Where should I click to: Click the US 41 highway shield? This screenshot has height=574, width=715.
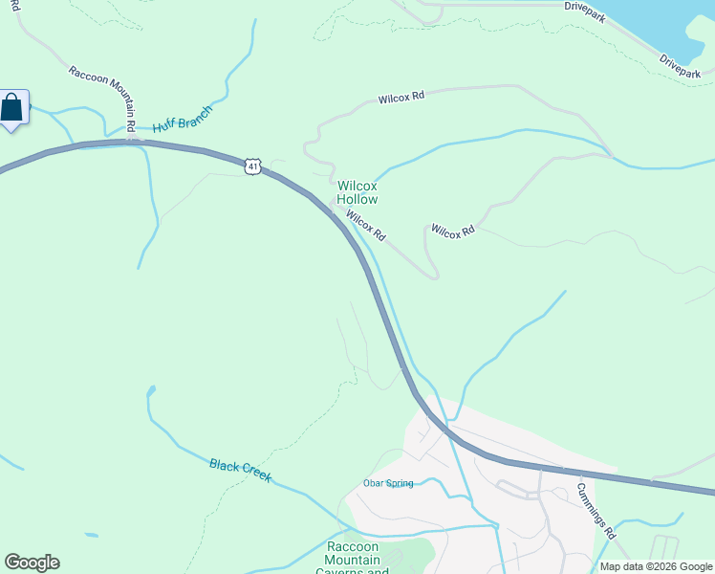(x=251, y=166)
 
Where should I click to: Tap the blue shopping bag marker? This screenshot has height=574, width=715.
(x=12, y=107)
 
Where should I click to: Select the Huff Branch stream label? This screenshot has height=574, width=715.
(x=183, y=120)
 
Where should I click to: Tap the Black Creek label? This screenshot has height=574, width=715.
(x=240, y=470)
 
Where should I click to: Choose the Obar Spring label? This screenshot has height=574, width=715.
(x=388, y=483)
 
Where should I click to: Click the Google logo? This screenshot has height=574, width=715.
(x=32, y=563)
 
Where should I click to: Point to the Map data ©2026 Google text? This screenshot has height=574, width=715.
(x=656, y=566)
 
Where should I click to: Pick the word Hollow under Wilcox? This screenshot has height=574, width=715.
(x=357, y=199)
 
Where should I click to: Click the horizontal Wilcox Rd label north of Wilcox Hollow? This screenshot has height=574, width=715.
(x=401, y=98)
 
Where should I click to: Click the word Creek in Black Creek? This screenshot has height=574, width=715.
(x=255, y=475)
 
